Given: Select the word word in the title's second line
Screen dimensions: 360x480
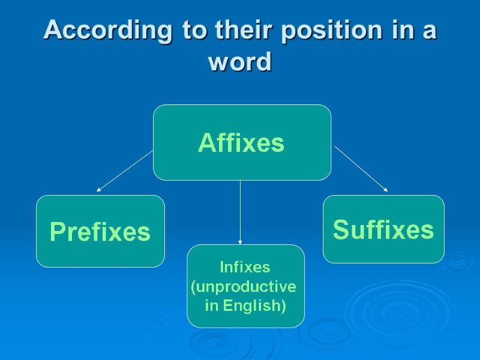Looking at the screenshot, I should [240, 61].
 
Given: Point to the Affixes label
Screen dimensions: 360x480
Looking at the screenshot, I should [241, 143].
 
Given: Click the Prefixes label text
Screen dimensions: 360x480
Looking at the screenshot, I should [100, 232].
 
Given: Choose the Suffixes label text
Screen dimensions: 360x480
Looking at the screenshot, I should [383, 229].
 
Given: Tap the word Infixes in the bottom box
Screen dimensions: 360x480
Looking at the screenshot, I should [245, 266].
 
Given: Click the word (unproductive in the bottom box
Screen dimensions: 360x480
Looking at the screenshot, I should [244, 287].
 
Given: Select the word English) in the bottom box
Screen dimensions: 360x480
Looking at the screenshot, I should [254, 305].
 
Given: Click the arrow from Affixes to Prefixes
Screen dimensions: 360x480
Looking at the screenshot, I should [125, 171].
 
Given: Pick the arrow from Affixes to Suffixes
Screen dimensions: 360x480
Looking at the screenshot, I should [361, 169].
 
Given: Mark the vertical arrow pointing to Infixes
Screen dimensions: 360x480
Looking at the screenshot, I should [240, 210].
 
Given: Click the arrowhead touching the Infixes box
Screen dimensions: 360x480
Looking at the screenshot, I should [240, 242].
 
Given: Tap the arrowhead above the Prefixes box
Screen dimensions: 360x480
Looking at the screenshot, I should [99, 190].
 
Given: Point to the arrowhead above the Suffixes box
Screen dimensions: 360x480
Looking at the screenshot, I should [385, 190].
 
